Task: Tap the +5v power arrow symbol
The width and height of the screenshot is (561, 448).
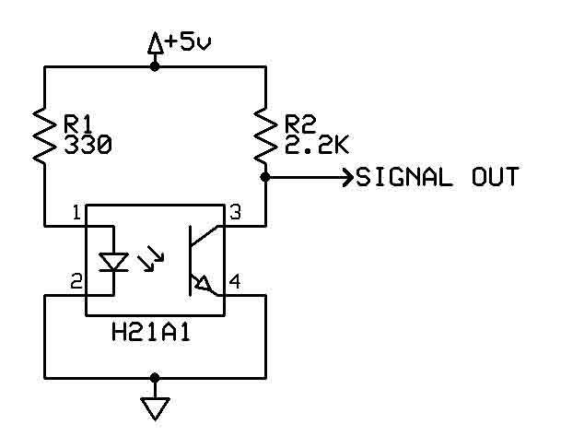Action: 154,42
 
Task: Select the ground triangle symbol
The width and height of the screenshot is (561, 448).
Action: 155,407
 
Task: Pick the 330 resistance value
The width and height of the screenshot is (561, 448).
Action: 88,144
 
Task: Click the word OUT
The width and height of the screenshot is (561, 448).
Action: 490,176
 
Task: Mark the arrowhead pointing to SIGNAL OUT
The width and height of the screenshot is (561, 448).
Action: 346,176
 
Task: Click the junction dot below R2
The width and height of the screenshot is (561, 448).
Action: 265,176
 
